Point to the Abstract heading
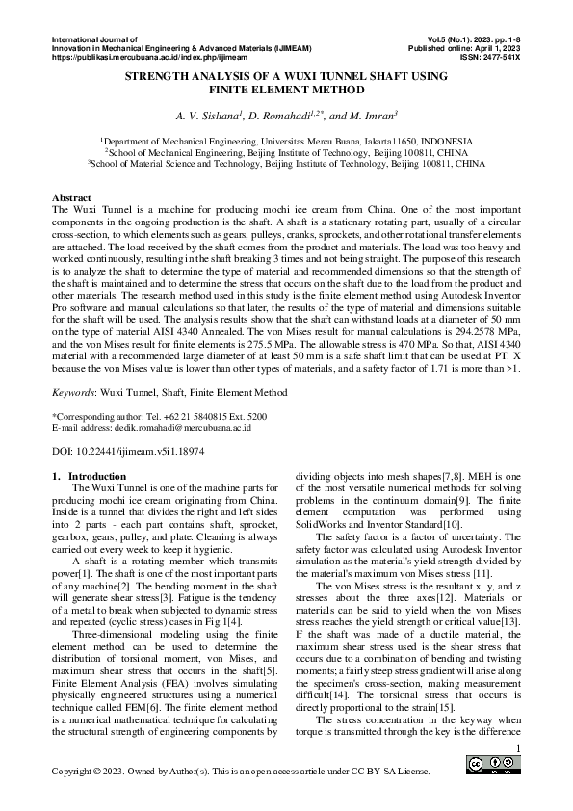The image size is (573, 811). (x=70, y=196)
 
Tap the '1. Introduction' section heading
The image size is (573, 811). (x=88, y=476)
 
